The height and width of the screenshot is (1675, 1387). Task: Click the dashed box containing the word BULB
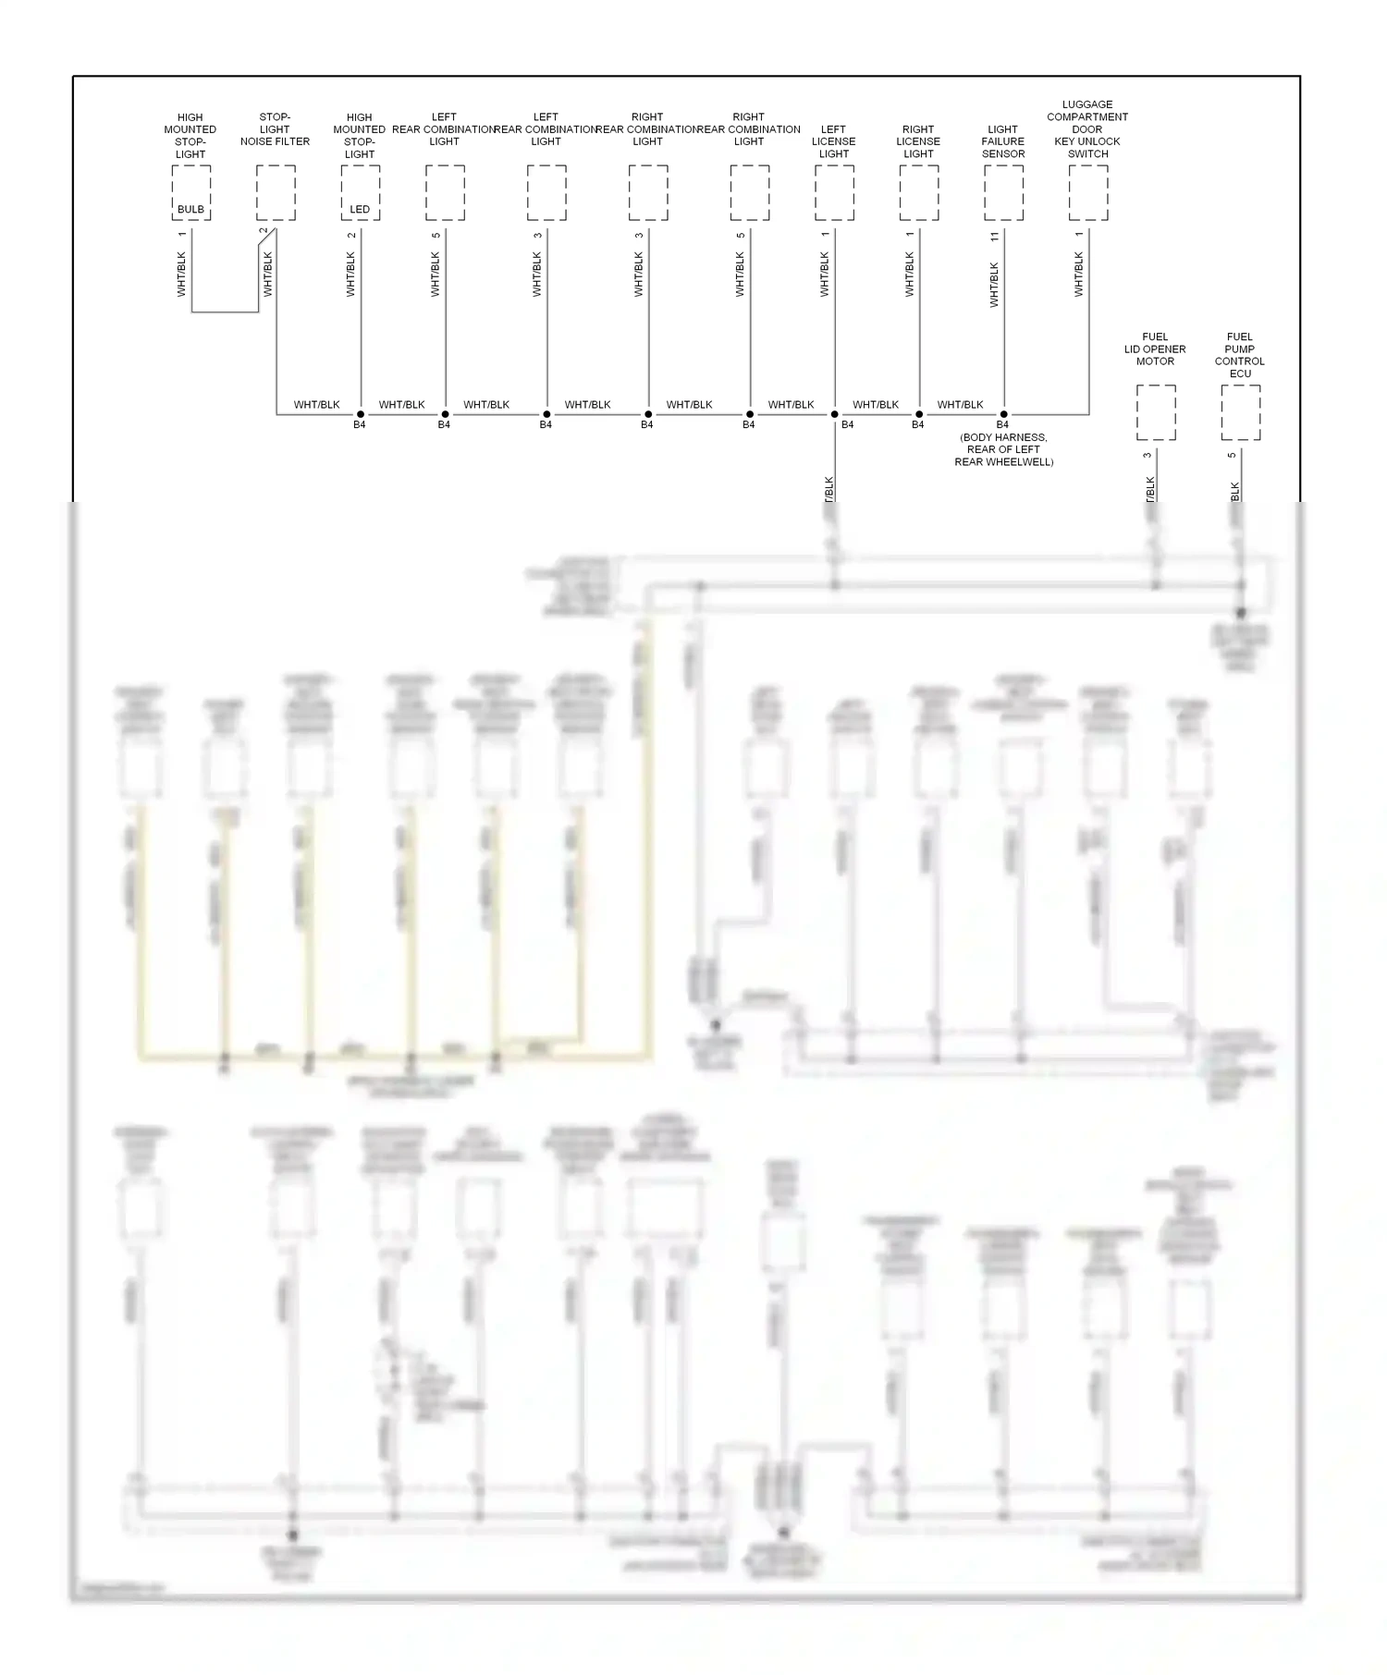tap(191, 193)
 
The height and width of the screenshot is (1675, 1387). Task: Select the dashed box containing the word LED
tap(360, 193)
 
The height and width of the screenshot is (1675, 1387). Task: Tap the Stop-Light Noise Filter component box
tap(276, 193)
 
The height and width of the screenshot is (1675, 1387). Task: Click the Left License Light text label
tap(833, 141)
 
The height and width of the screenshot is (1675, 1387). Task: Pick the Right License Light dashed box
tap(919, 193)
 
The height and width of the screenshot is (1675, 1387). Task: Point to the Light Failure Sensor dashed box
tap(1003, 193)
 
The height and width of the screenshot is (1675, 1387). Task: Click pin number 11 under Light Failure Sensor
tap(995, 237)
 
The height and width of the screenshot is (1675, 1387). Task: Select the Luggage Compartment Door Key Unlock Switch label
tap(1087, 129)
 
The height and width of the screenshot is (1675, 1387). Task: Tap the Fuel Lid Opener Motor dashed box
tap(1156, 412)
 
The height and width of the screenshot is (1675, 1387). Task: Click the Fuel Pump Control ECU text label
tap(1240, 355)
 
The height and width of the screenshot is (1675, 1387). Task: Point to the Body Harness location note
tap(1003, 449)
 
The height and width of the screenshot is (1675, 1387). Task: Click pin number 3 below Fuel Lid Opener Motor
tap(1148, 455)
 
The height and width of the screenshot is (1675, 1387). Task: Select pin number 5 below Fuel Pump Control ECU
tap(1232, 455)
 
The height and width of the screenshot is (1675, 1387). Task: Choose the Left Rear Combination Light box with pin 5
tap(445, 193)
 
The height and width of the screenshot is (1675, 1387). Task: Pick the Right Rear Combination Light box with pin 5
tap(749, 193)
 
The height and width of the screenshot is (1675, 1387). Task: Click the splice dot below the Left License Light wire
tap(834, 414)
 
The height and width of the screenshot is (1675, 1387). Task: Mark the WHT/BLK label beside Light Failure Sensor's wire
tap(995, 285)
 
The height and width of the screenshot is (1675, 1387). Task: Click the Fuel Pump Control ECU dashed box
tap(1240, 412)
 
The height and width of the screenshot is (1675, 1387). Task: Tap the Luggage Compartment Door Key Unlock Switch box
tap(1088, 193)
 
